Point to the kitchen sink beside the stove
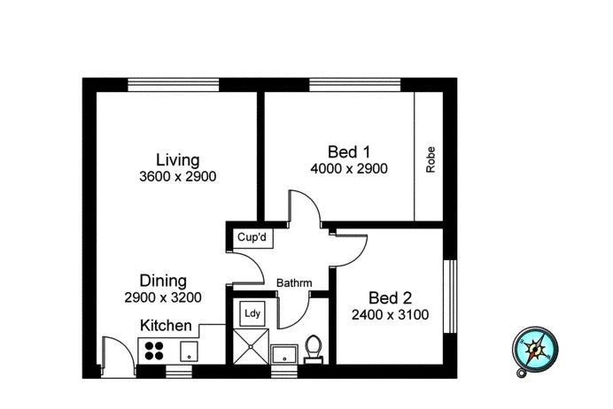tap(188, 351)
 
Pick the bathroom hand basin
tap(283, 354)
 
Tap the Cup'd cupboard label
tap(252, 238)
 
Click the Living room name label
tap(177, 159)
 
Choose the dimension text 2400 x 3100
tap(391, 314)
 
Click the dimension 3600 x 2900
tap(177, 176)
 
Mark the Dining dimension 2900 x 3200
tap(163, 297)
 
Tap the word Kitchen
tap(166, 326)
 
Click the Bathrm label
tap(294, 283)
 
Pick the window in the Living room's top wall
tap(173, 85)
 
